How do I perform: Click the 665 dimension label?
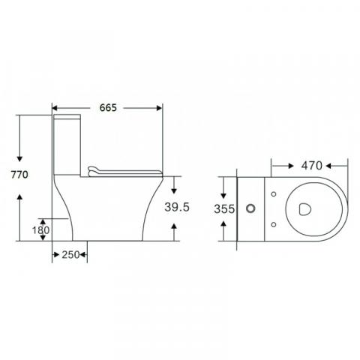tap(108, 108)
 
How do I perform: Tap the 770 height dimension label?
tap(19, 175)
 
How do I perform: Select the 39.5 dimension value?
tap(177, 207)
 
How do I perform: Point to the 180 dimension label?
tap(41, 230)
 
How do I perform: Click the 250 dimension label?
tap(70, 255)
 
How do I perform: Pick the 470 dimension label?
tap(311, 166)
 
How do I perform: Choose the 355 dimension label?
tap(224, 209)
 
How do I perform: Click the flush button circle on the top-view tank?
tap(250, 208)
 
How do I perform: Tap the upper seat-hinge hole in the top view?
tap(274, 194)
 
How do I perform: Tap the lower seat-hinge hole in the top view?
tap(274, 224)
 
